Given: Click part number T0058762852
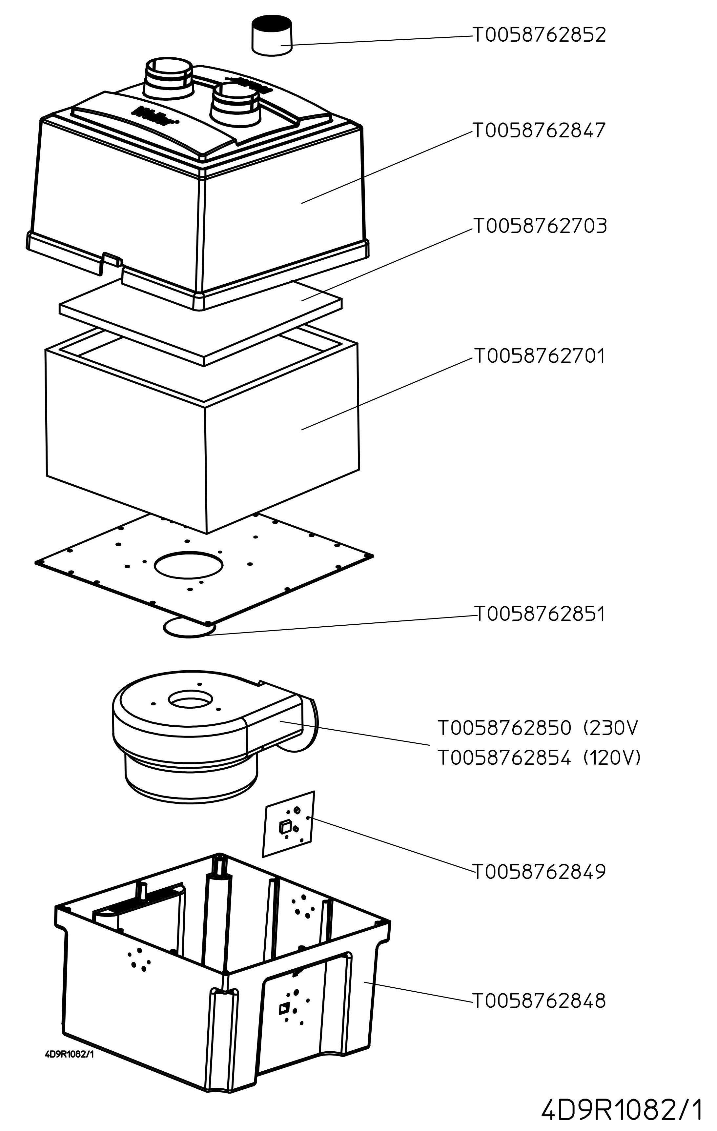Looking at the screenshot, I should (540, 35).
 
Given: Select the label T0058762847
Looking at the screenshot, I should (540, 131).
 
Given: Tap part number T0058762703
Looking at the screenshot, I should (540, 226).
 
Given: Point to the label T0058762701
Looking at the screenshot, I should (540, 356).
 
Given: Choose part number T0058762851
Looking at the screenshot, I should (540, 614).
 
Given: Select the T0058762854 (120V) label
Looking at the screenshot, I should (540, 757).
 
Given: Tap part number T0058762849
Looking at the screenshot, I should (540, 872).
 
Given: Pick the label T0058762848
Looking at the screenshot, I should (540, 1000).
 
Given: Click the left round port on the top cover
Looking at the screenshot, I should (168, 77).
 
